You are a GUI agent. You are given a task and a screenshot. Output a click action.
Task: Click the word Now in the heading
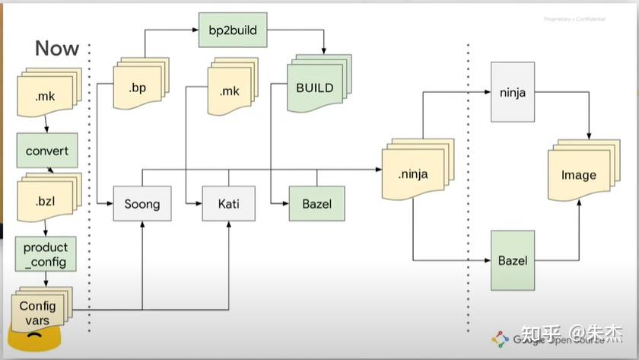[57, 48]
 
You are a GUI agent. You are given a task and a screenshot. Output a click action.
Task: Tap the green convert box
[47, 151]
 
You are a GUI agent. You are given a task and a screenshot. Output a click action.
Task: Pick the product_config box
[46, 255]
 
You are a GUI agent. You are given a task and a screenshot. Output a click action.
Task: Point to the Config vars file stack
[38, 313]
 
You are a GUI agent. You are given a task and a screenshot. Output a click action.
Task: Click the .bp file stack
[138, 87]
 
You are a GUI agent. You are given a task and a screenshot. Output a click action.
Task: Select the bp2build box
[232, 31]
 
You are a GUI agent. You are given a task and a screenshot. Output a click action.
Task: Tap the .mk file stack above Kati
[230, 91]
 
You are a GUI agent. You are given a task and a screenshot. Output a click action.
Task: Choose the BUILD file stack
[315, 88]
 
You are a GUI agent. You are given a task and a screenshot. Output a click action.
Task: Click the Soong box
[142, 203]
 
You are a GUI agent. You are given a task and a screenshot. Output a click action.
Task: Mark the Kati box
[228, 203]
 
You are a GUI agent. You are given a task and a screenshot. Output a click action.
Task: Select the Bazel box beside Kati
[316, 203]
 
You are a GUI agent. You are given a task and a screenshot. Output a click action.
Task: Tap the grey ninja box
[518, 93]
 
